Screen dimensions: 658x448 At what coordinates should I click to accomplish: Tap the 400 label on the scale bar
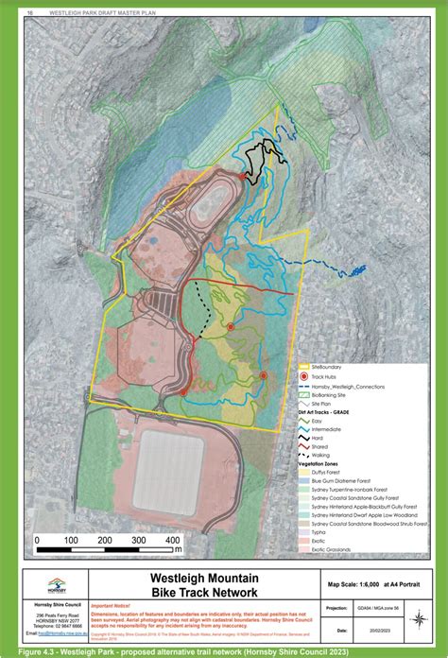coord(174,541)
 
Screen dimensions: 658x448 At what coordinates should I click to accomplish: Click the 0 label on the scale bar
coord(37,541)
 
